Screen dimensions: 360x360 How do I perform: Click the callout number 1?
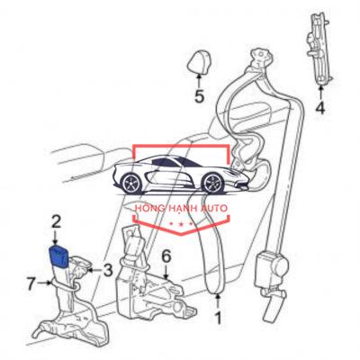pos(218,318)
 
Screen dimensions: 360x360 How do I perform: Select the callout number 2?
pos(57,222)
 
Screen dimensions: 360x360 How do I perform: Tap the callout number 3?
pos(107,270)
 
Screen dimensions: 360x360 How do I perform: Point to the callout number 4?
pos(320,108)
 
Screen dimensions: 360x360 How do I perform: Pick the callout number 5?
pos(199,96)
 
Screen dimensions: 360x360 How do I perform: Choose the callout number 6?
pos(166,256)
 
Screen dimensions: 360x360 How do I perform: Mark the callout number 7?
pos(31,283)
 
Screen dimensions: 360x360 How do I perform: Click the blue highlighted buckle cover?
pos(59,256)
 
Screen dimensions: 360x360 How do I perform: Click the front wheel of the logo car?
pos(213,183)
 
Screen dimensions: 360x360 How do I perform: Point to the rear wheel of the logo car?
pos(131,184)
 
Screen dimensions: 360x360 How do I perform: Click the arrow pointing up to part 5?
pos(199,80)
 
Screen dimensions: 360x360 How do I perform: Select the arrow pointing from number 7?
pos(45,283)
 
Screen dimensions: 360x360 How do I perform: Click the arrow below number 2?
pos(56,238)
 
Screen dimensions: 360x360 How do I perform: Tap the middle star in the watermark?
pos(181,224)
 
